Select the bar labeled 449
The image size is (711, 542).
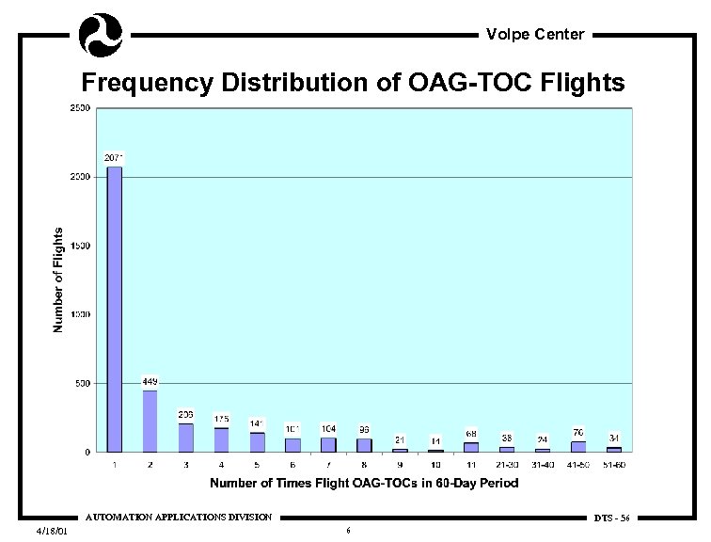click(x=150, y=421)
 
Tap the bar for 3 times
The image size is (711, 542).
click(x=186, y=438)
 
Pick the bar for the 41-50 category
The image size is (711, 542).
click(x=577, y=447)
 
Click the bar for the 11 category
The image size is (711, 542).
click(x=471, y=447)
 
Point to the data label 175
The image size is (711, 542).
click(x=221, y=419)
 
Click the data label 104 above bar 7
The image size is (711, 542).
click(x=328, y=428)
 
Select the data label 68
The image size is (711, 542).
click(x=470, y=434)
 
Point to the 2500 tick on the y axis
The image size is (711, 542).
click(x=82, y=108)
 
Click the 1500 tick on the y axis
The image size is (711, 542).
click(x=82, y=246)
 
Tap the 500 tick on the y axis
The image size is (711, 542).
click(x=84, y=384)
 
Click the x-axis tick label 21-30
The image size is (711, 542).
click(x=506, y=464)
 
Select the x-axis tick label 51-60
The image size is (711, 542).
click(x=613, y=464)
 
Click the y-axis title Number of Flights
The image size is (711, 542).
click(x=58, y=279)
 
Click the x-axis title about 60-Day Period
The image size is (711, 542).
click(x=364, y=484)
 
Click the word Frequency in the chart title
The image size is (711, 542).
click(x=147, y=84)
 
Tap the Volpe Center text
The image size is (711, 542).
click(x=535, y=35)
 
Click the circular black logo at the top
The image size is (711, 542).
click(x=101, y=35)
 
